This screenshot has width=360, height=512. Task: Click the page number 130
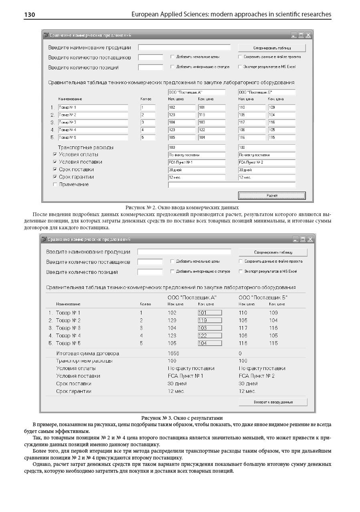(x=30, y=15)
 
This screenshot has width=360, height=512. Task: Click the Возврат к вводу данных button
(x=273, y=402)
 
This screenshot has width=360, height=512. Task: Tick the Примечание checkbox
(x=55, y=184)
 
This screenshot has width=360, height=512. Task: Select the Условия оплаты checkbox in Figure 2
(x=55, y=154)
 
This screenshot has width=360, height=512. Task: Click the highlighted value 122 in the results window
(x=210, y=336)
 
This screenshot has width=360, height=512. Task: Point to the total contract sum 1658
(x=173, y=354)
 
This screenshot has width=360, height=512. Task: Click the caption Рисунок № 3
(x=182, y=418)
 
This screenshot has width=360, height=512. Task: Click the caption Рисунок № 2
(x=182, y=207)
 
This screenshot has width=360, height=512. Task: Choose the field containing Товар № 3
(x=93, y=122)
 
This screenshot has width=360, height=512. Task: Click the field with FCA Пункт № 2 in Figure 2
(x=267, y=162)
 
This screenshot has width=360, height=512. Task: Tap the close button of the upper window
(x=308, y=35)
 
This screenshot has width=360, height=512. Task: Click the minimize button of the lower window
(x=296, y=240)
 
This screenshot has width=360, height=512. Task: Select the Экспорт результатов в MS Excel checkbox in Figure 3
(x=241, y=271)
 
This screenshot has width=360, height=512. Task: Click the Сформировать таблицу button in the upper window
(x=272, y=48)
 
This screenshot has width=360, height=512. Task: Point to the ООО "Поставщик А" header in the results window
(x=192, y=297)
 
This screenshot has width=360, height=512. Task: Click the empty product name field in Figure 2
(x=184, y=47)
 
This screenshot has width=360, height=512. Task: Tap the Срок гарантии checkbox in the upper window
(x=55, y=177)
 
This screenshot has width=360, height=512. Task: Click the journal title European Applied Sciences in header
(x=231, y=14)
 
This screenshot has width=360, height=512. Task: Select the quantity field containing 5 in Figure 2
(x=148, y=138)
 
